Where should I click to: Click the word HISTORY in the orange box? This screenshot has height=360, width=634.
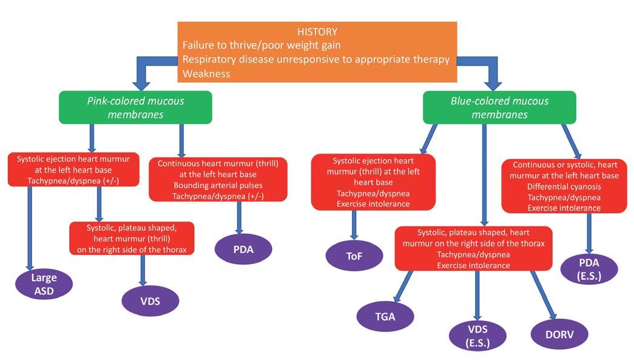pos(317,32)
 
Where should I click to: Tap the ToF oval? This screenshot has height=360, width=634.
pos(354,256)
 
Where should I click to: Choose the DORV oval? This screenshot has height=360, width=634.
pos(559,334)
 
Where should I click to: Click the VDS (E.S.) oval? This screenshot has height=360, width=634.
pos(477,336)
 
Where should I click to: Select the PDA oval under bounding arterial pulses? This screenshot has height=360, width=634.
pos(244,249)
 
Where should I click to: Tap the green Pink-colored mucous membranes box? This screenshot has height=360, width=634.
pos(135,107)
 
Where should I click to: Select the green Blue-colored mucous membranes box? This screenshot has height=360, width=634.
pos(499,107)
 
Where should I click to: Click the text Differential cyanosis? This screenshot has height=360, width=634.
pos(564,186)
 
